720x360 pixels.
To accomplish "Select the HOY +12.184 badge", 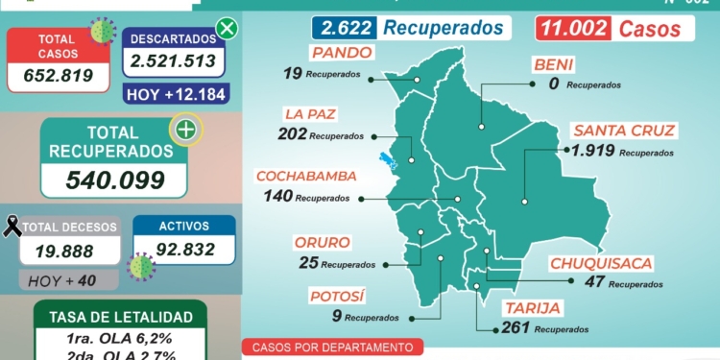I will tap(174, 94).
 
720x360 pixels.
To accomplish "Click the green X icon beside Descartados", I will tap(227, 29).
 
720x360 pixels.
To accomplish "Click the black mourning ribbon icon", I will tap(12, 227).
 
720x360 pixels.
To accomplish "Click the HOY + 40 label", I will tap(68, 280).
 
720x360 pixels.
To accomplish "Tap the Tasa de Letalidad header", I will tap(120, 317).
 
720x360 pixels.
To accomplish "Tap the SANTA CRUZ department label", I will tap(624, 131).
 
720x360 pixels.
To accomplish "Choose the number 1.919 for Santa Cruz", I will tap(592, 151).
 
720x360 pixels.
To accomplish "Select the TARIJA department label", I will tap(531, 308).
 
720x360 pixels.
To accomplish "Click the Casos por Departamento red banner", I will tap(332, 348).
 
